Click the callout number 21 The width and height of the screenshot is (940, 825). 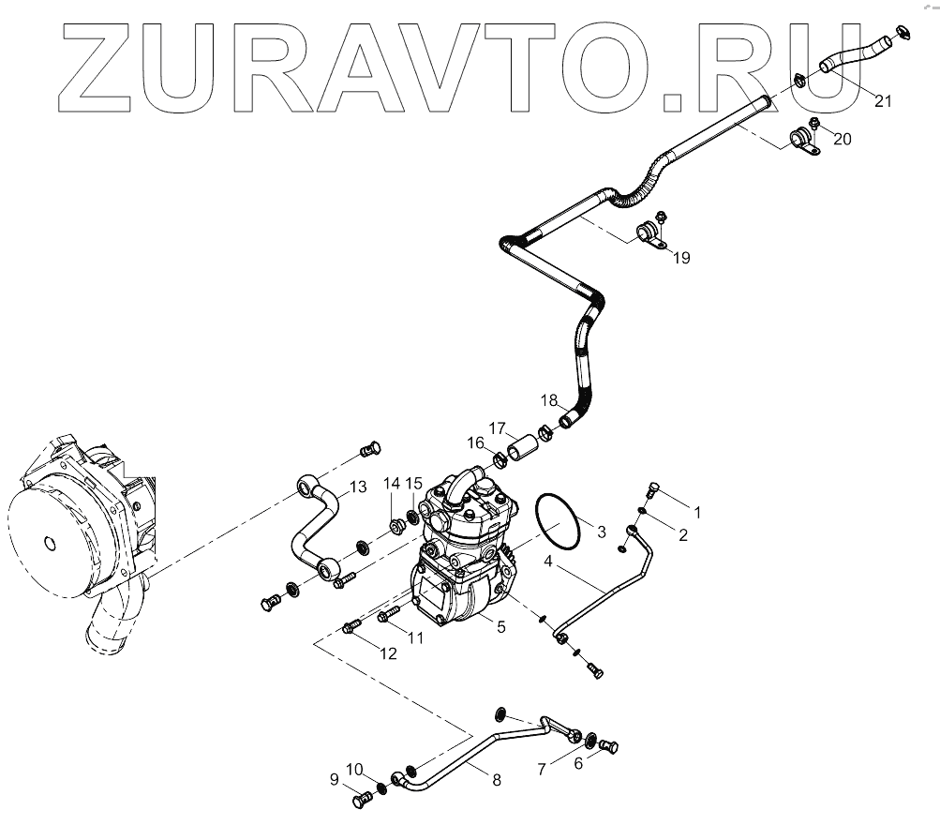pos(883,101)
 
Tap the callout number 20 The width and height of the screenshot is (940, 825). pos(843,139)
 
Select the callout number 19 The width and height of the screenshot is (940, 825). pos(681,258)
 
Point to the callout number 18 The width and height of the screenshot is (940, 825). pos(549,400)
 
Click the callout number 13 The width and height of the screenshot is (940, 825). pos(357,486)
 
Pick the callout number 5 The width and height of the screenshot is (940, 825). pos(501,626)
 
